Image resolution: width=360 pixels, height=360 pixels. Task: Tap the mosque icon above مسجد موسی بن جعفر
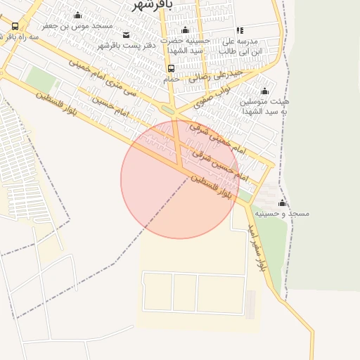click(x=77, y=15)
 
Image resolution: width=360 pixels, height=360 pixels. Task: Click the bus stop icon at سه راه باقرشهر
click(x=15, y=26)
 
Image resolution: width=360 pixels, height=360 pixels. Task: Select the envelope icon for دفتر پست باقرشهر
click(x=126, y=34)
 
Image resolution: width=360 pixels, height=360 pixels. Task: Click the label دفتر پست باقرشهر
click(x=126, y=45)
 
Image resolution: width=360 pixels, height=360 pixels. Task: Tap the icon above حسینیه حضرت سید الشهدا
click(x=186, y=30)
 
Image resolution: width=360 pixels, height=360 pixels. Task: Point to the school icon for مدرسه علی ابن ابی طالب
click(x=240, y=31)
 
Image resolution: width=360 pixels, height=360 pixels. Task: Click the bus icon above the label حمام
click(x=172, y=68)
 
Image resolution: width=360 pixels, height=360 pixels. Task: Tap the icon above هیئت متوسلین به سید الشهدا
click(x=265, y=91)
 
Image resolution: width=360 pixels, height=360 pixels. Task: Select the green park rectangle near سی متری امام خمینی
click(x=41, y=79)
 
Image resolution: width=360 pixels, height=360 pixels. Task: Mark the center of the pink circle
click(x=180, y=179)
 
